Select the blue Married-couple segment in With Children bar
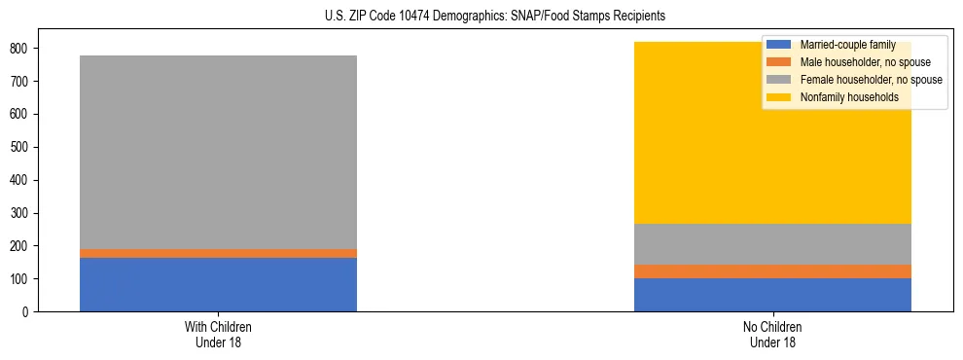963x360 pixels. pos(218,284)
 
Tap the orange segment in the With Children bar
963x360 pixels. pos(218,253)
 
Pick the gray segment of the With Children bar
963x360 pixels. pos(218,152)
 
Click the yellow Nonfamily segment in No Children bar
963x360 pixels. pos(700,146)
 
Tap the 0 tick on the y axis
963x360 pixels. pos(29,312)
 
